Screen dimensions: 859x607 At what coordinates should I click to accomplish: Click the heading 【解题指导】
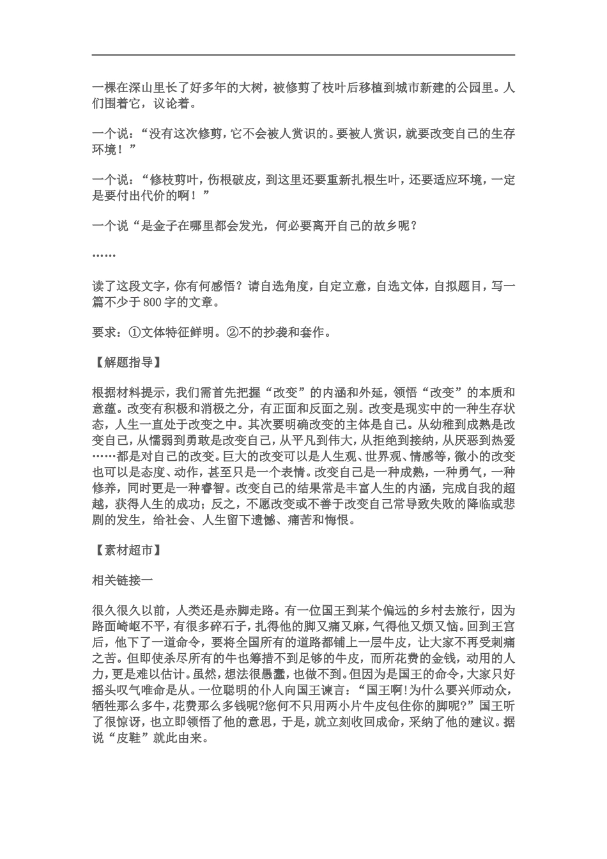coord(126,362)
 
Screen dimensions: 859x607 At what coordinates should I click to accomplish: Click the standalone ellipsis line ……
coord(104,255)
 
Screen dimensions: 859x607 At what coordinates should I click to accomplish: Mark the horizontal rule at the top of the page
coord(303,55)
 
